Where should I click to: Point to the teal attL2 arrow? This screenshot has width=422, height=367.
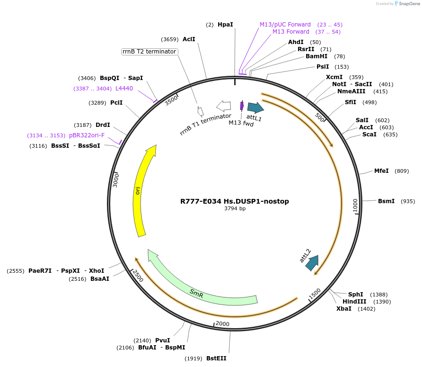tap(312, 262)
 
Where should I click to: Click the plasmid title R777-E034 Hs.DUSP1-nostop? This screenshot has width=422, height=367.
tap(235, 201)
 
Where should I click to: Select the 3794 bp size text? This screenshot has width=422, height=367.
tap(235, 208)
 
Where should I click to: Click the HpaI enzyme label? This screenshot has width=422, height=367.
tap(225, 25)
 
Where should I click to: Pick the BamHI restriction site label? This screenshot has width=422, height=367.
tap(316, 56)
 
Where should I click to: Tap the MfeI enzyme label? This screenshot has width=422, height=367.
tap(381, 171)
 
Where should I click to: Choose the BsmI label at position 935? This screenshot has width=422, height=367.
tap(386, 201)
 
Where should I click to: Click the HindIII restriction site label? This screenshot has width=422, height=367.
tap(354, 302)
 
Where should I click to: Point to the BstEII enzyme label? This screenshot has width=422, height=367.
tap(216, 358)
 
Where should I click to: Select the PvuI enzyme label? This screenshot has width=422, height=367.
tap(162, 340)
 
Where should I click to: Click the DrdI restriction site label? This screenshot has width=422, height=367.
tap(103, 125)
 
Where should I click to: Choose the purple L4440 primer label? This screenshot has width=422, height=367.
tap(124, 89)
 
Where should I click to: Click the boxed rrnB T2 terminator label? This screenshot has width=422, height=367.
tap(149, 52)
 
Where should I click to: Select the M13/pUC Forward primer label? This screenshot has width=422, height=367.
tap(285, 25)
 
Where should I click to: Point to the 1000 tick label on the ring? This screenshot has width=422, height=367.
tap(354, 206)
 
